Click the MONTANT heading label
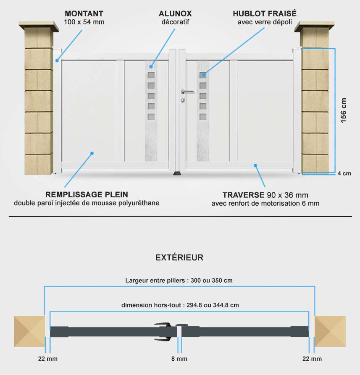[84, 13]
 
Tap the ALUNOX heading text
[175, 13]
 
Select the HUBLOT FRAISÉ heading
[265, 13]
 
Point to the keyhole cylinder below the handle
[183, 100]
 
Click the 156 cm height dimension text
[343, 110]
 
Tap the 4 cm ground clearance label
[344, 173]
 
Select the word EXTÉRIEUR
[179, 257]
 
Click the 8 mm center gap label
[179, 359]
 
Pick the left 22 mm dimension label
[48, 359]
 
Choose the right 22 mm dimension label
[312, 359]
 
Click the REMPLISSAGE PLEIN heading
[87, 194]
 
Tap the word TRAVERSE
[244, 195]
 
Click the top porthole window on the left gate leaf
[151, 75]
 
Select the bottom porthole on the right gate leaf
[203, 117]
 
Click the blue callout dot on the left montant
[57, 60]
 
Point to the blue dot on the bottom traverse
[255, 165]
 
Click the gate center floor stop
[177, 173]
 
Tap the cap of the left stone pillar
[39, 26]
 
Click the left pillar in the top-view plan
[29, 331]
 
